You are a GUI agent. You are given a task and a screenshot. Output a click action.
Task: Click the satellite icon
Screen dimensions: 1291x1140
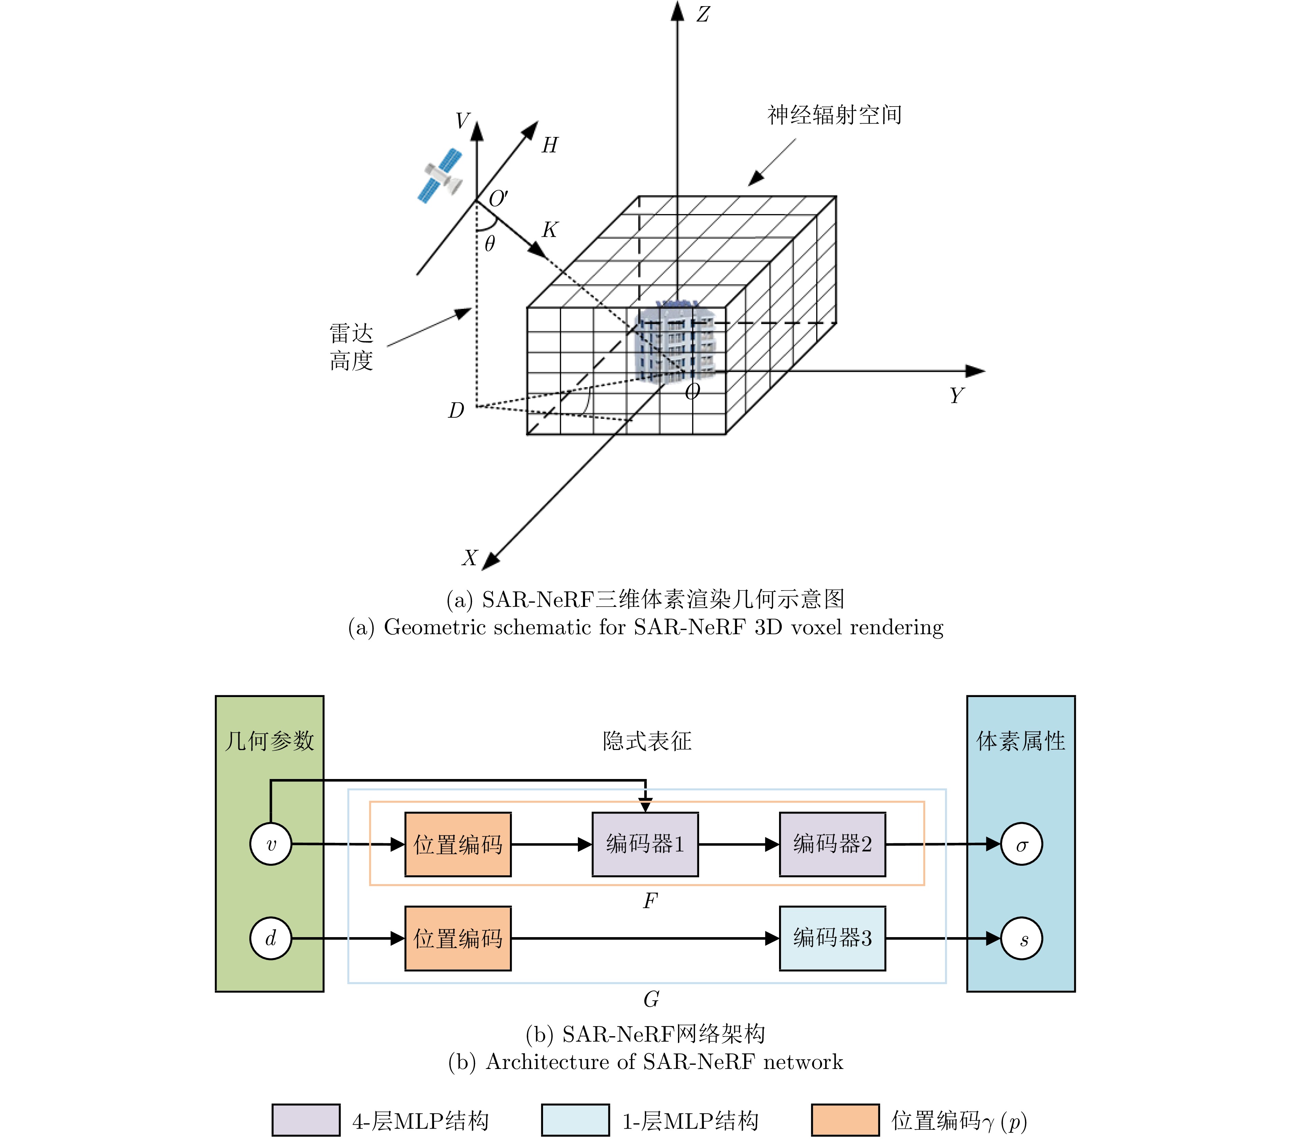coord(440,176)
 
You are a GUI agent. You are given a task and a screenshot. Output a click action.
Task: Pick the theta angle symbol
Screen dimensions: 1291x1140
coord(489,243)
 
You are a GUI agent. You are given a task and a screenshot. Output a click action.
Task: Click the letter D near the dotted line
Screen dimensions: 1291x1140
coord(456,411)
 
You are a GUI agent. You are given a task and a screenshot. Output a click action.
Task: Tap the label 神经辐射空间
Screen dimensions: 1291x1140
coord(834,115)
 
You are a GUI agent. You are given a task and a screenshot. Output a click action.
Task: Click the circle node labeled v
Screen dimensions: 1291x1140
coord(271,844)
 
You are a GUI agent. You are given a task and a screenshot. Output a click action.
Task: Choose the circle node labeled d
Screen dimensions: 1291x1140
coord(271,939)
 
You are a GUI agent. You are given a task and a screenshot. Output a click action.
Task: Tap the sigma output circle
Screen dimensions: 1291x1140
coord(1021,844)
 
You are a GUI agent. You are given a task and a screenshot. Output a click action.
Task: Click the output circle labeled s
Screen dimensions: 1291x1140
coord(1021,939)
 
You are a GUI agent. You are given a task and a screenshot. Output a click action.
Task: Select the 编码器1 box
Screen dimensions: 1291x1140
coord(645,844)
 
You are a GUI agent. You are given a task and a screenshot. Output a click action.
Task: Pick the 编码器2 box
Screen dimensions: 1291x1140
coord(832,844)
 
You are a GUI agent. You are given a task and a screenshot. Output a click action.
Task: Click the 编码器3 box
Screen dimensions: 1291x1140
coord(832,939)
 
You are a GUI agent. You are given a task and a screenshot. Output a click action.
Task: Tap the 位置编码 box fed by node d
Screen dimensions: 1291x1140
coord(458,939)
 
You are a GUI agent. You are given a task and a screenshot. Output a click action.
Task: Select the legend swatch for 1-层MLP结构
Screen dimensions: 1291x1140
coord(575,1120)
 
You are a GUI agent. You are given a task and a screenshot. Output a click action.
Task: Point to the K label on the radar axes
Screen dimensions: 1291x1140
coord(550,229)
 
